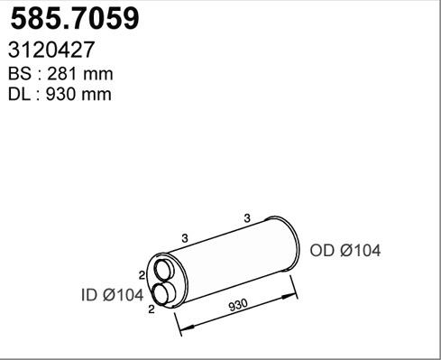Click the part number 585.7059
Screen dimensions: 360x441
(x=73, y=20)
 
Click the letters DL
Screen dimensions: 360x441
(x=19, y=94)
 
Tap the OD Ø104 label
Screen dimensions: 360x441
(x=345, y=251)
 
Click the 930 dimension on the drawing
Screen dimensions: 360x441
(x=237, y=305)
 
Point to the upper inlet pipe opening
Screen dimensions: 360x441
(x=165, y=269)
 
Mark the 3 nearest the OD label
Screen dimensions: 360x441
(x=246, y=217)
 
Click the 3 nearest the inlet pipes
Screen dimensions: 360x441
(x=184, y=237)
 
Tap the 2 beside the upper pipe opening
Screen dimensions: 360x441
(x=142, y=274)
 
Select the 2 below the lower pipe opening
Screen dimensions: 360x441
(x=151, y=309)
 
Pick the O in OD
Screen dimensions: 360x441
(x=317, y=251)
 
